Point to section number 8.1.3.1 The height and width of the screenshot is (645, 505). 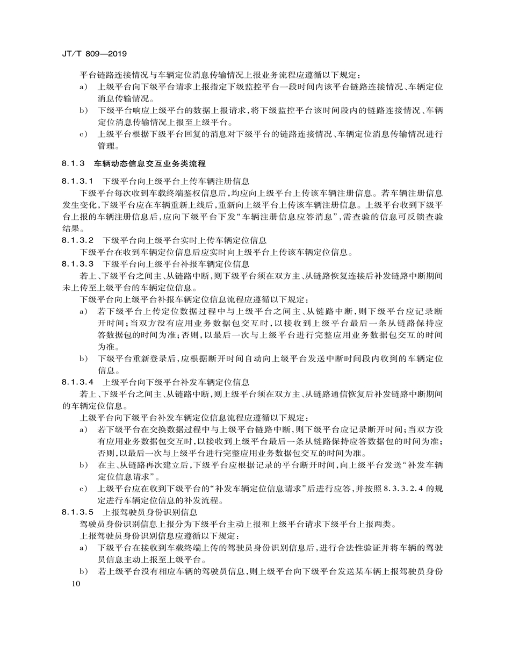[78, 181]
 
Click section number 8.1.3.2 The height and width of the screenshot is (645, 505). [78, 240]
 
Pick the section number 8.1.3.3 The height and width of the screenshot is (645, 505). [78, 264]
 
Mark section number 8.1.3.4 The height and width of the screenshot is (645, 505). [78, 382]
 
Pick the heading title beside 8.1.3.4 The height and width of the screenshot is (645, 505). [176, 382]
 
